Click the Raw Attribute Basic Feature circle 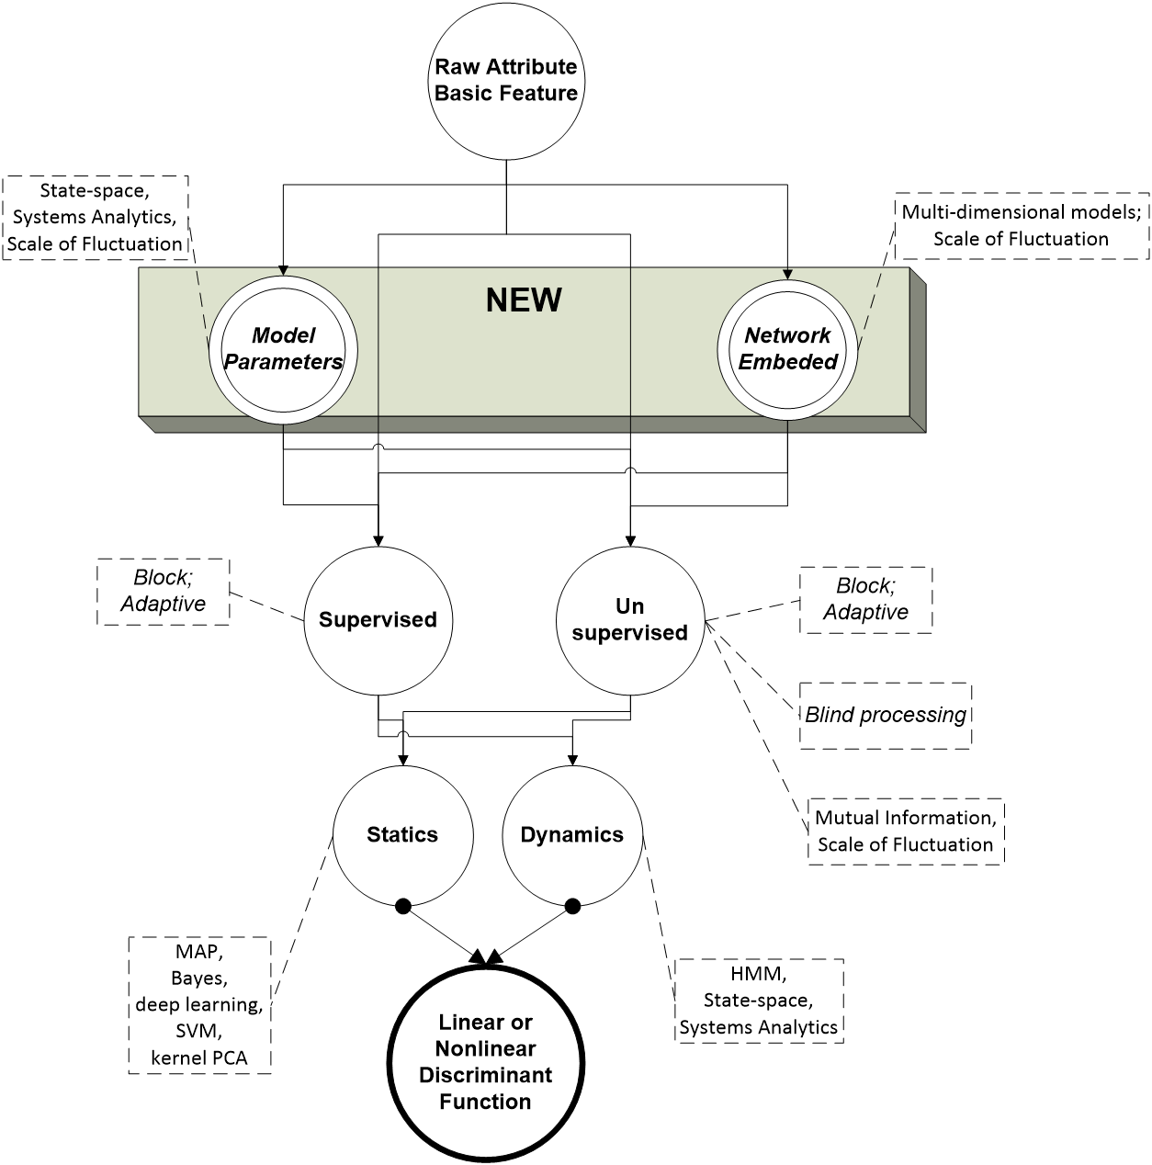coord(505,81)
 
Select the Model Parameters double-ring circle coord(283,350)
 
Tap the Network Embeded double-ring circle coord(787,350)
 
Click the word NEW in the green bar coord(524,300)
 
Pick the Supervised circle coord(378,620)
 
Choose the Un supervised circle coord(630,620)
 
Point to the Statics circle coord(402,835)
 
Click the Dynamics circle coord(571,835)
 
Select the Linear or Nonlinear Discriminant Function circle coord(485,1062)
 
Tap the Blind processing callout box coord(886,716)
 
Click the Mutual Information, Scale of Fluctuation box coord(906,831)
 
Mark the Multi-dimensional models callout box coord(1022,225)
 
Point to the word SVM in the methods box coord(199,1031)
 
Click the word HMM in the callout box coord(759,972)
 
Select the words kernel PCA coord(199,1058)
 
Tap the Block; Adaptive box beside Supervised coord(163,592)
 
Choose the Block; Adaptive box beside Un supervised coord(865,599)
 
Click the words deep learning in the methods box coord(199,1004)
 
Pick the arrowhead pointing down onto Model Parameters coord(283,270)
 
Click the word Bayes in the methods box coord(199,977)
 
